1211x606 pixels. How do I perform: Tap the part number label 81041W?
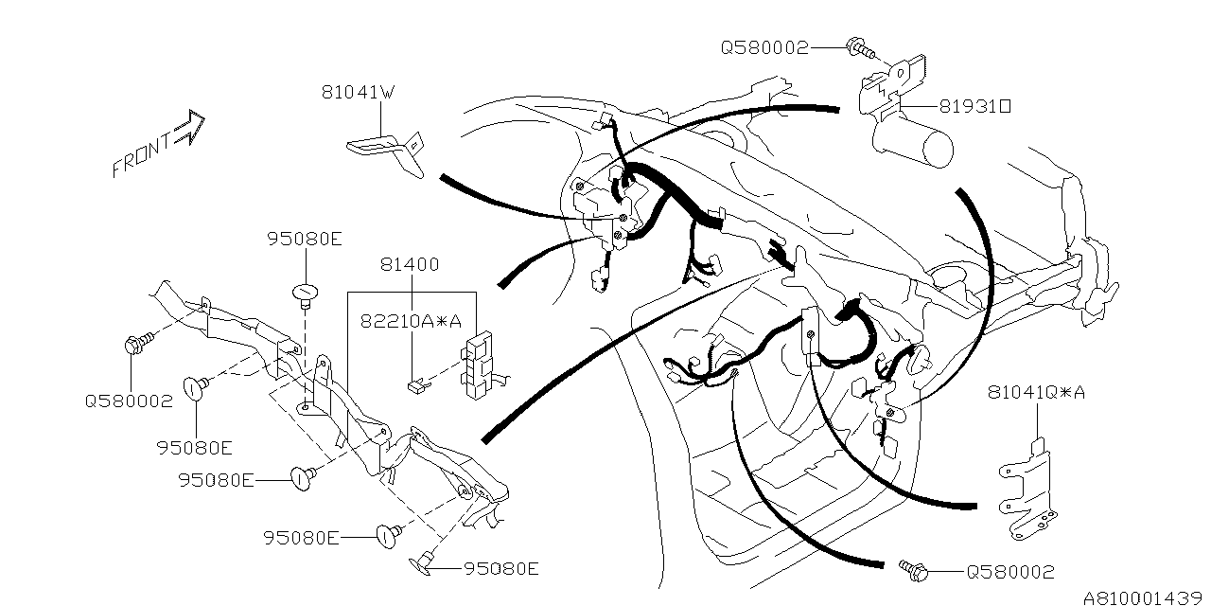tap(357, 93)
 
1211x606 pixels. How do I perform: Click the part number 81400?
tap(410, 265)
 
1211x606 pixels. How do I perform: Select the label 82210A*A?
tap(410, 321)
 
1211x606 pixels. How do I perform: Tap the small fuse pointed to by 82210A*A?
tap(413, 384)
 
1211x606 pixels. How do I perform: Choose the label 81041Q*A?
tap(1036, 391)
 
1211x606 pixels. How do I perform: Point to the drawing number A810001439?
tap(1146, 598)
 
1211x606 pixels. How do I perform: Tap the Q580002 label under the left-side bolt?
tap(129, 401)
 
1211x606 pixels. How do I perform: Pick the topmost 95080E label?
tap(304, 240)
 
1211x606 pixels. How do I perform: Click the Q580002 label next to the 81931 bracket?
tap(764, 47)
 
